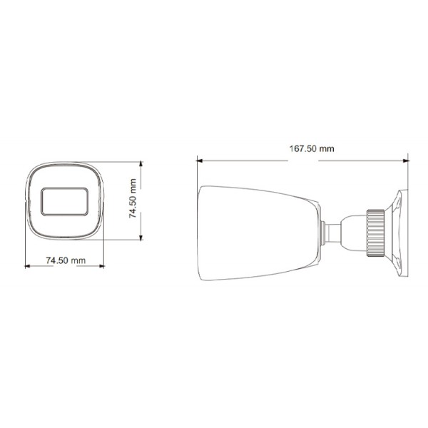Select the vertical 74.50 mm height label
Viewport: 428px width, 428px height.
click(133, 200)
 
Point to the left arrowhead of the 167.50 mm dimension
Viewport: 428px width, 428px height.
click(200, 160)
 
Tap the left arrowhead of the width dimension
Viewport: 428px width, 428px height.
click(28, 267)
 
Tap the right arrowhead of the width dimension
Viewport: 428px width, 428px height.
click(101, 267)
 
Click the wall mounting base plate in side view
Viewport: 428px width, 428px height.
click(399, 232)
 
